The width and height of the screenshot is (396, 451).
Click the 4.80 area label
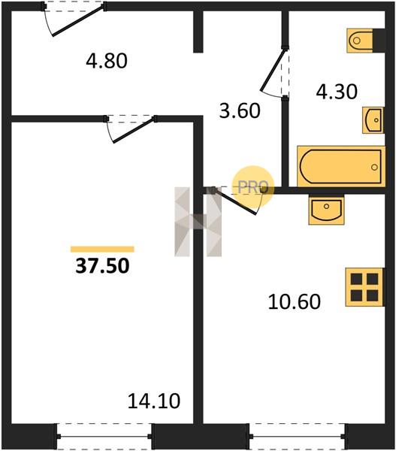107,61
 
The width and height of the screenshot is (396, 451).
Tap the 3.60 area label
240,110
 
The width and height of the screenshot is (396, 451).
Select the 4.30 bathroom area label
337,92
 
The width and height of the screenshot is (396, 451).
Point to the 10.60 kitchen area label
294,301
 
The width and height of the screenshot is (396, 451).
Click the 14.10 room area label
154,401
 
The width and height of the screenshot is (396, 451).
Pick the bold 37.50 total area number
102,265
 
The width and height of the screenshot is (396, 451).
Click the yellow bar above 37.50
102,249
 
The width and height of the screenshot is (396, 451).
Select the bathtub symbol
341,167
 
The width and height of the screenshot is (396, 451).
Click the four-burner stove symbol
364,287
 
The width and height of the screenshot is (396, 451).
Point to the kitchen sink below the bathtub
326,210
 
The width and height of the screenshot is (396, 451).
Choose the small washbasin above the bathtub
373,120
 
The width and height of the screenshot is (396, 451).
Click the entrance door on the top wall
77,21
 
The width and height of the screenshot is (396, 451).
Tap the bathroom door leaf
273,70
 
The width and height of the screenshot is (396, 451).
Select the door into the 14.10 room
135,130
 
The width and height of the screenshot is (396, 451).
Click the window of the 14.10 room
104,436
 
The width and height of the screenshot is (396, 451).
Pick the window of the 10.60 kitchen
297,436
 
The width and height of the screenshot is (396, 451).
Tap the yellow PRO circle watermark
253,187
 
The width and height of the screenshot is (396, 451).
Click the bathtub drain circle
374,167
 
